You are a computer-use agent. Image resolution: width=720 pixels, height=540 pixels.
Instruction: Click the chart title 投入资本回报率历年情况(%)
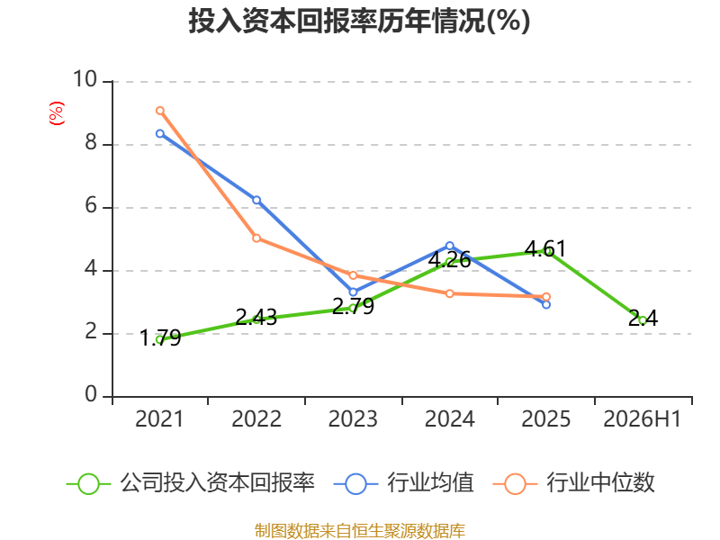tap(359, 21)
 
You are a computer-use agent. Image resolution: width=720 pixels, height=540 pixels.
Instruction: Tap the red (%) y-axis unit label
tap(57, 113)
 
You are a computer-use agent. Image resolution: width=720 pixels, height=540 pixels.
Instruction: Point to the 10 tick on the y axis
tap(85, 79)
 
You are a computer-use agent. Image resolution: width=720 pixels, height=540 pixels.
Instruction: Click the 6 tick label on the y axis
tap(91, 205)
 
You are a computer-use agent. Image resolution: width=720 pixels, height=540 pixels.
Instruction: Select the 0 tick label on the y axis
tap(91, 394)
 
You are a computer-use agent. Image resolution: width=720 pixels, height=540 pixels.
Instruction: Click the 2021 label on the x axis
tap(159, 418)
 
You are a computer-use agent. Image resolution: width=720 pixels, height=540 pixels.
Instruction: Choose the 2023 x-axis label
tap(353, 418)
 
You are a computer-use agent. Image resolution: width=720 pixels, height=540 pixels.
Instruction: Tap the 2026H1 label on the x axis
tap(642, 418)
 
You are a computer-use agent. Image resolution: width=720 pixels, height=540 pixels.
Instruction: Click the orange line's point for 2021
tap(160, 111)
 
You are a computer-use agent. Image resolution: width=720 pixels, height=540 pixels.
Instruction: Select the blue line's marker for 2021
tap(160, 133)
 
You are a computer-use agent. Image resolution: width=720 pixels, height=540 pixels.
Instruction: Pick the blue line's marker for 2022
tap(256, 200)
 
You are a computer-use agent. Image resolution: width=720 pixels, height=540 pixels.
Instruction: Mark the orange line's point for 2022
tap(256, 238)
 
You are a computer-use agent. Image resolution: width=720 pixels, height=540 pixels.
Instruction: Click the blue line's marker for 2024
tap(449, 246)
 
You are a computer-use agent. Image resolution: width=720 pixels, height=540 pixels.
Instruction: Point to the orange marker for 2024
tap(449, 293)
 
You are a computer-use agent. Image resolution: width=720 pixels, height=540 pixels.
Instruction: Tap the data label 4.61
tap(545, 249)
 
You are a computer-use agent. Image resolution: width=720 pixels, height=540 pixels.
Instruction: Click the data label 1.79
tap(160, 338)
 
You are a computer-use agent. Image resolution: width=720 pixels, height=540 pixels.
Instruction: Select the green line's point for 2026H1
tap(643, 320)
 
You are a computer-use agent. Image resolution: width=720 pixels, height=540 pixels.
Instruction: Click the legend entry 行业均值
tap(403, 483)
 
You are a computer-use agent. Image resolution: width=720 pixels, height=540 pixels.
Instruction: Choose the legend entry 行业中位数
tap(574, 483)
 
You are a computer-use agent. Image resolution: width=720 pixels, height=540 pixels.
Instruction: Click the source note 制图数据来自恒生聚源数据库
tap(359, 530)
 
